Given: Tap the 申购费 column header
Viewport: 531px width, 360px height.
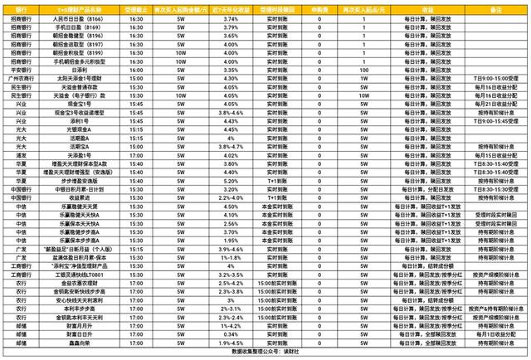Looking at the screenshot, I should (299, 5).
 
